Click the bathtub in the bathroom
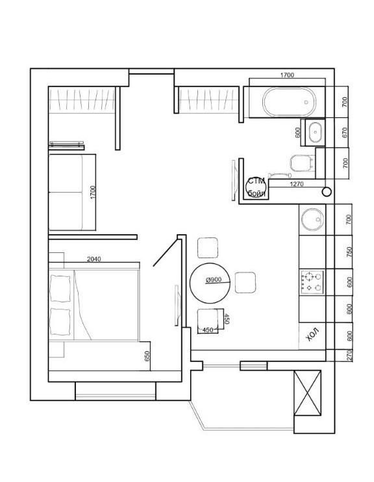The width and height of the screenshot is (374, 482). pos(289,102)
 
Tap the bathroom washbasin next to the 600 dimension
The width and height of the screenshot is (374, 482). pos(315,132)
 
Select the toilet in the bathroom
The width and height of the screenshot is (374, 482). pos(302,163)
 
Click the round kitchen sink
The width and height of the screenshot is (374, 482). pos(312,219)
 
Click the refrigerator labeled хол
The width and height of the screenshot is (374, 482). pos(312,335)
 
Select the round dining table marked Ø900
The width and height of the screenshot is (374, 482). pos(210,283)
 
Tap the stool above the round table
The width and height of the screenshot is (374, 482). pos(208,248)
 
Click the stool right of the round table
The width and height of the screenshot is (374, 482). pos(245,282)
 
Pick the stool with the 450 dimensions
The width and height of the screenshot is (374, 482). pos(208,319)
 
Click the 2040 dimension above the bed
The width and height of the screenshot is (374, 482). pos(93,259)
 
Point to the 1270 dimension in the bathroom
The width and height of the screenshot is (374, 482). pos(297,184)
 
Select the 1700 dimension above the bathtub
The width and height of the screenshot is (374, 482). pos(287,75)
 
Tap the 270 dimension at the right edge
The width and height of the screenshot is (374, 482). pos(349,355)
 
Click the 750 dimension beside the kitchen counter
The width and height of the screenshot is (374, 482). pos(349,252)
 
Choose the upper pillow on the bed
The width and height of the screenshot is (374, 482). pos(60,288)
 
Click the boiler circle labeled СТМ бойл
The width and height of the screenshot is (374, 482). pos(256,187)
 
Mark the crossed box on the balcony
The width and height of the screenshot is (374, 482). pos(308,392)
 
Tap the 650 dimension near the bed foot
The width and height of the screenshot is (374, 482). pos(147,356)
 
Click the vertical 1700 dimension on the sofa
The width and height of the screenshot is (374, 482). pos(93,193)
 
